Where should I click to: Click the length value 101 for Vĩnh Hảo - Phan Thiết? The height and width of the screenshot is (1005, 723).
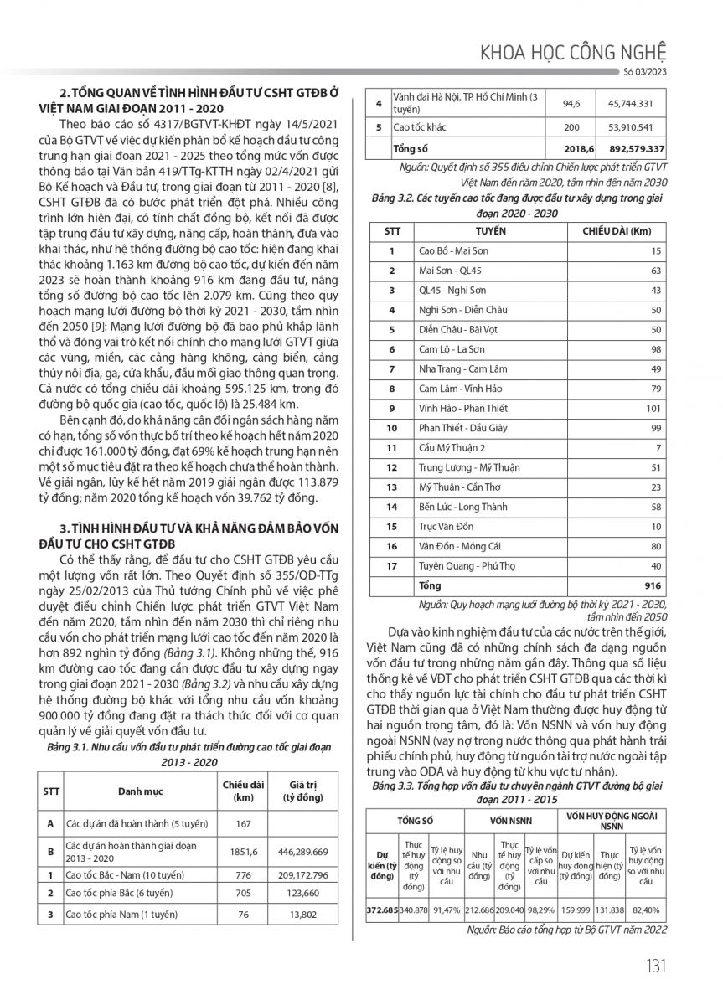(x=652, y=407)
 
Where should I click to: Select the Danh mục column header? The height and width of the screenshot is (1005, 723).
(x=140, y=790)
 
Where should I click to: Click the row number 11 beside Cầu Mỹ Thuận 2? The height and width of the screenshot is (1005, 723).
(x=390, y=447)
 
